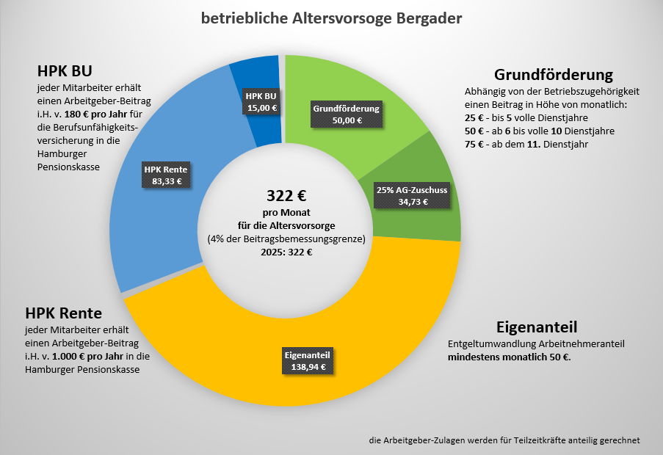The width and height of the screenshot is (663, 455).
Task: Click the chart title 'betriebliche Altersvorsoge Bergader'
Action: click(331, 18)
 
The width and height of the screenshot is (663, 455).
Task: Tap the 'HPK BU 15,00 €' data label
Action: click(261, 102)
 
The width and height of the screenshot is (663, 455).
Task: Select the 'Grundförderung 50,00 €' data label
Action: click(347, 114)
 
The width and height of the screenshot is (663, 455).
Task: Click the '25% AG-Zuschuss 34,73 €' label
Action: click(411, 195)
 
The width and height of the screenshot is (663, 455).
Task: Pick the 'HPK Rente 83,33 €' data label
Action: click(165, 175)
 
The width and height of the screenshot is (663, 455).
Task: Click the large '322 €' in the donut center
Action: click(286, 196)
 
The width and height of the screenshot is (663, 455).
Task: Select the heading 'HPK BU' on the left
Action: click(64, 72)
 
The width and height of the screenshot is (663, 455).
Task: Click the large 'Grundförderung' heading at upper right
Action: click(553, 75)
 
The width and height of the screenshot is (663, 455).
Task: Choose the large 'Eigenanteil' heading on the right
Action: click(537, 326)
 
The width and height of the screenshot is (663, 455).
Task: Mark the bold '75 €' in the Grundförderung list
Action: click(474, 145)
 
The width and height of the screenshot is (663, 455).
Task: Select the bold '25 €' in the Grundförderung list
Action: click(474, 118)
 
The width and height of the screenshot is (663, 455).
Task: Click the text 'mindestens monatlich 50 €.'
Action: click(509, 357)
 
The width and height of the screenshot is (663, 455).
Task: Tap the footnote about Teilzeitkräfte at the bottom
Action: click(504, 440)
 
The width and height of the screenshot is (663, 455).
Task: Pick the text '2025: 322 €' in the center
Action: click(286, 252)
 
